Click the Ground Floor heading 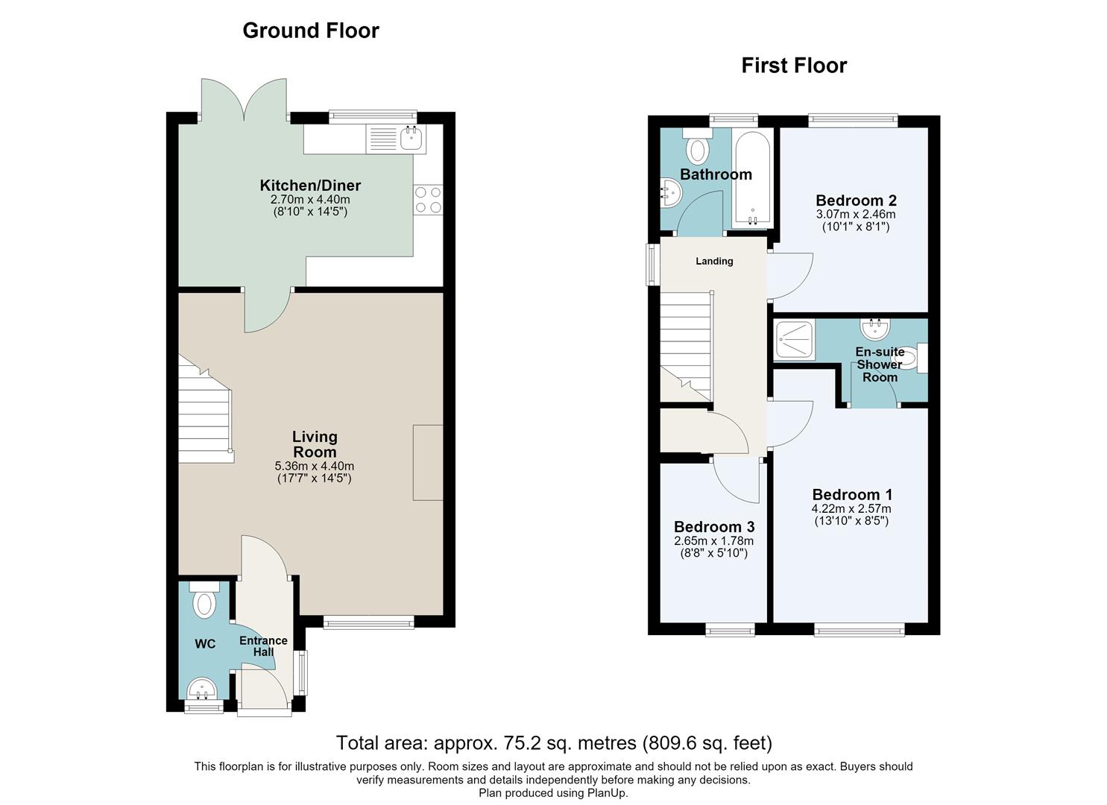(311, 31)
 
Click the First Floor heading (794, 66)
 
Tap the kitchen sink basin (411, 137)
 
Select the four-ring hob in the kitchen (429, 200)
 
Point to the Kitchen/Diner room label (310, 186)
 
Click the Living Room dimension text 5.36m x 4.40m (315, 466)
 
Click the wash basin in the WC (202, 689)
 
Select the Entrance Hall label (263, 646)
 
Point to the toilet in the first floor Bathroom (697, 147)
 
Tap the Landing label (714, 261)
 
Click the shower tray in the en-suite (795, 339)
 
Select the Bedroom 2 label (856, 201)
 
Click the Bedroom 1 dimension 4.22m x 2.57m (851, 508)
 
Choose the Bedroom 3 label (714, 527)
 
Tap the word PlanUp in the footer (606, 793)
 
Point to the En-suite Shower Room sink (875, 329)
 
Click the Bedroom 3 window (731, 630)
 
